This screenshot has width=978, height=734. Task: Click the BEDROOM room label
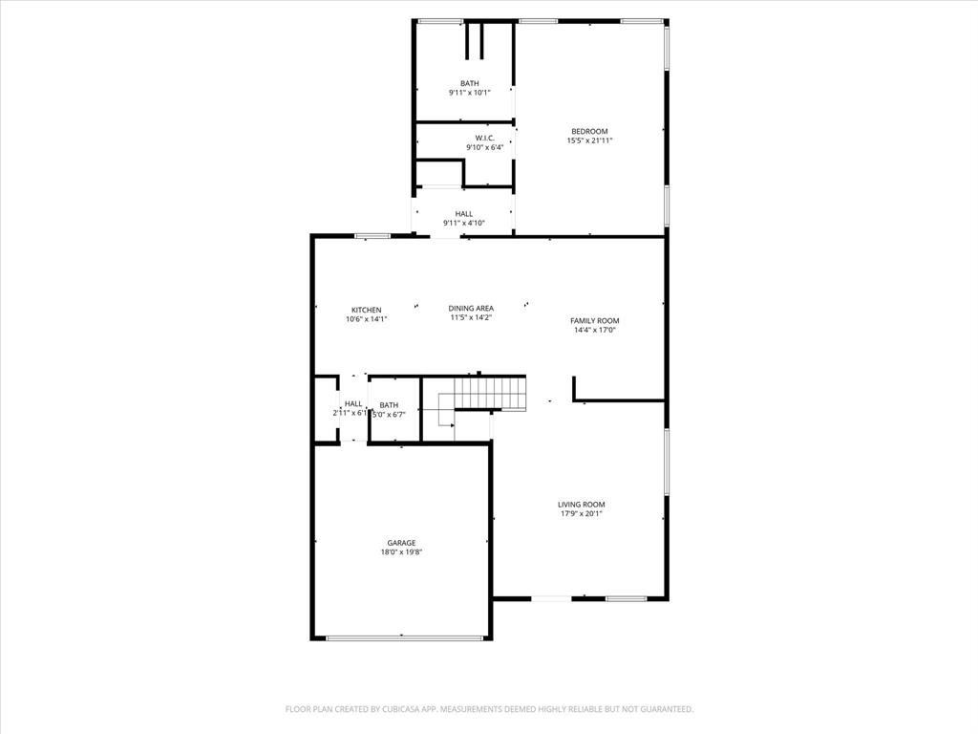pyautogui.click(x=589, y=131)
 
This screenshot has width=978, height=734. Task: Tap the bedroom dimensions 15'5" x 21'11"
pyautogui.click(x=589, y=140)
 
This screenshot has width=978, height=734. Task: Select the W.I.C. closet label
pyautogui.click(x=484, y=138)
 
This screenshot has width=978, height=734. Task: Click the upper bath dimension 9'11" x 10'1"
pyautogui.click(x=469, y=93)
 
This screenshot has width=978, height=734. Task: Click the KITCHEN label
pyautogui.click(x=367, y=310)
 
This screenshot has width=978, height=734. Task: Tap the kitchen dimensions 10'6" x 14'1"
pyautogui.click(x=367, y=319)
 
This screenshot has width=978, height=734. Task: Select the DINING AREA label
pyautogui.click(x=471, y=308)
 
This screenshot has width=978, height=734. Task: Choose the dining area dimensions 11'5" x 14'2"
pyautogui.click(x=471, y=317)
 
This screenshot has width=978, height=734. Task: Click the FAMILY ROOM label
pyautogui.click(x=595, y=320)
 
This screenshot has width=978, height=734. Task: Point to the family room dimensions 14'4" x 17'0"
pyautogui.click(x=595, y=330)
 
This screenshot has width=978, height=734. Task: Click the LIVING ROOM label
pyautogui.click(x=582, y=504)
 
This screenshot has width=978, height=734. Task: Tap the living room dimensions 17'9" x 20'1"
pyautogui.click(x=582, y=513)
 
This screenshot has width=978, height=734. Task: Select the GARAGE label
pyautogui.click(x=401, y=542)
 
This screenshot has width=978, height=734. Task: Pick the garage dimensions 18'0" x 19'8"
pyautogui.click(x=401, y=551)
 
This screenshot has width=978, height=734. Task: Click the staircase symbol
pyautogui.click(x=489, y=393)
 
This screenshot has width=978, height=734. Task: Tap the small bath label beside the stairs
pyautogui.click(x=389, y=404)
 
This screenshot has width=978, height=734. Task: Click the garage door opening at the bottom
pyautogui.click(x=401, y=637)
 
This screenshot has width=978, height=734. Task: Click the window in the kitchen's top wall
pyautogui.click(x=372, y=235)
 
